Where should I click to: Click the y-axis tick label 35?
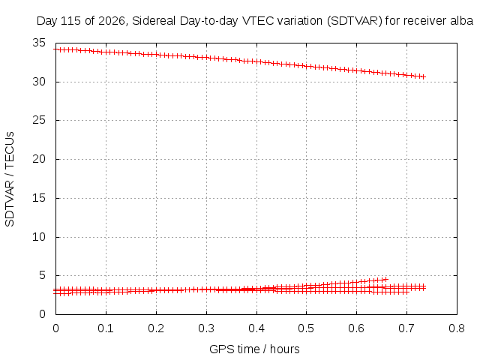[39, 43]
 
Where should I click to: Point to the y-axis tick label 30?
[39, 82]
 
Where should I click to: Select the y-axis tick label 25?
[39, 120]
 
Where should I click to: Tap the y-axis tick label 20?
[39, 159]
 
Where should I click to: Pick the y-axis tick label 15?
[39, 198]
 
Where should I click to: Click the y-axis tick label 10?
[39, 237]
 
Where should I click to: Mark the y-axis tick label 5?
[42, 275]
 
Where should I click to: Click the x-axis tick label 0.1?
[106, 328]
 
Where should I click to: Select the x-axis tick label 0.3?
[206, 328]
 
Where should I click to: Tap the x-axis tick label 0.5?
[306, 328]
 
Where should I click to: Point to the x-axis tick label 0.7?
[406, 328]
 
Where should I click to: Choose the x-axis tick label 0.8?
[457, 328]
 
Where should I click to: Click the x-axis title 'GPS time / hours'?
[254, 349]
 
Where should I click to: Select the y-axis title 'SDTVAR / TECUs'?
[10, 179]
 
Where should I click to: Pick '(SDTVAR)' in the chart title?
[355, 21]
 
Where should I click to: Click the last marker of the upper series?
[424, 76]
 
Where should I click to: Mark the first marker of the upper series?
[55, 49]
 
